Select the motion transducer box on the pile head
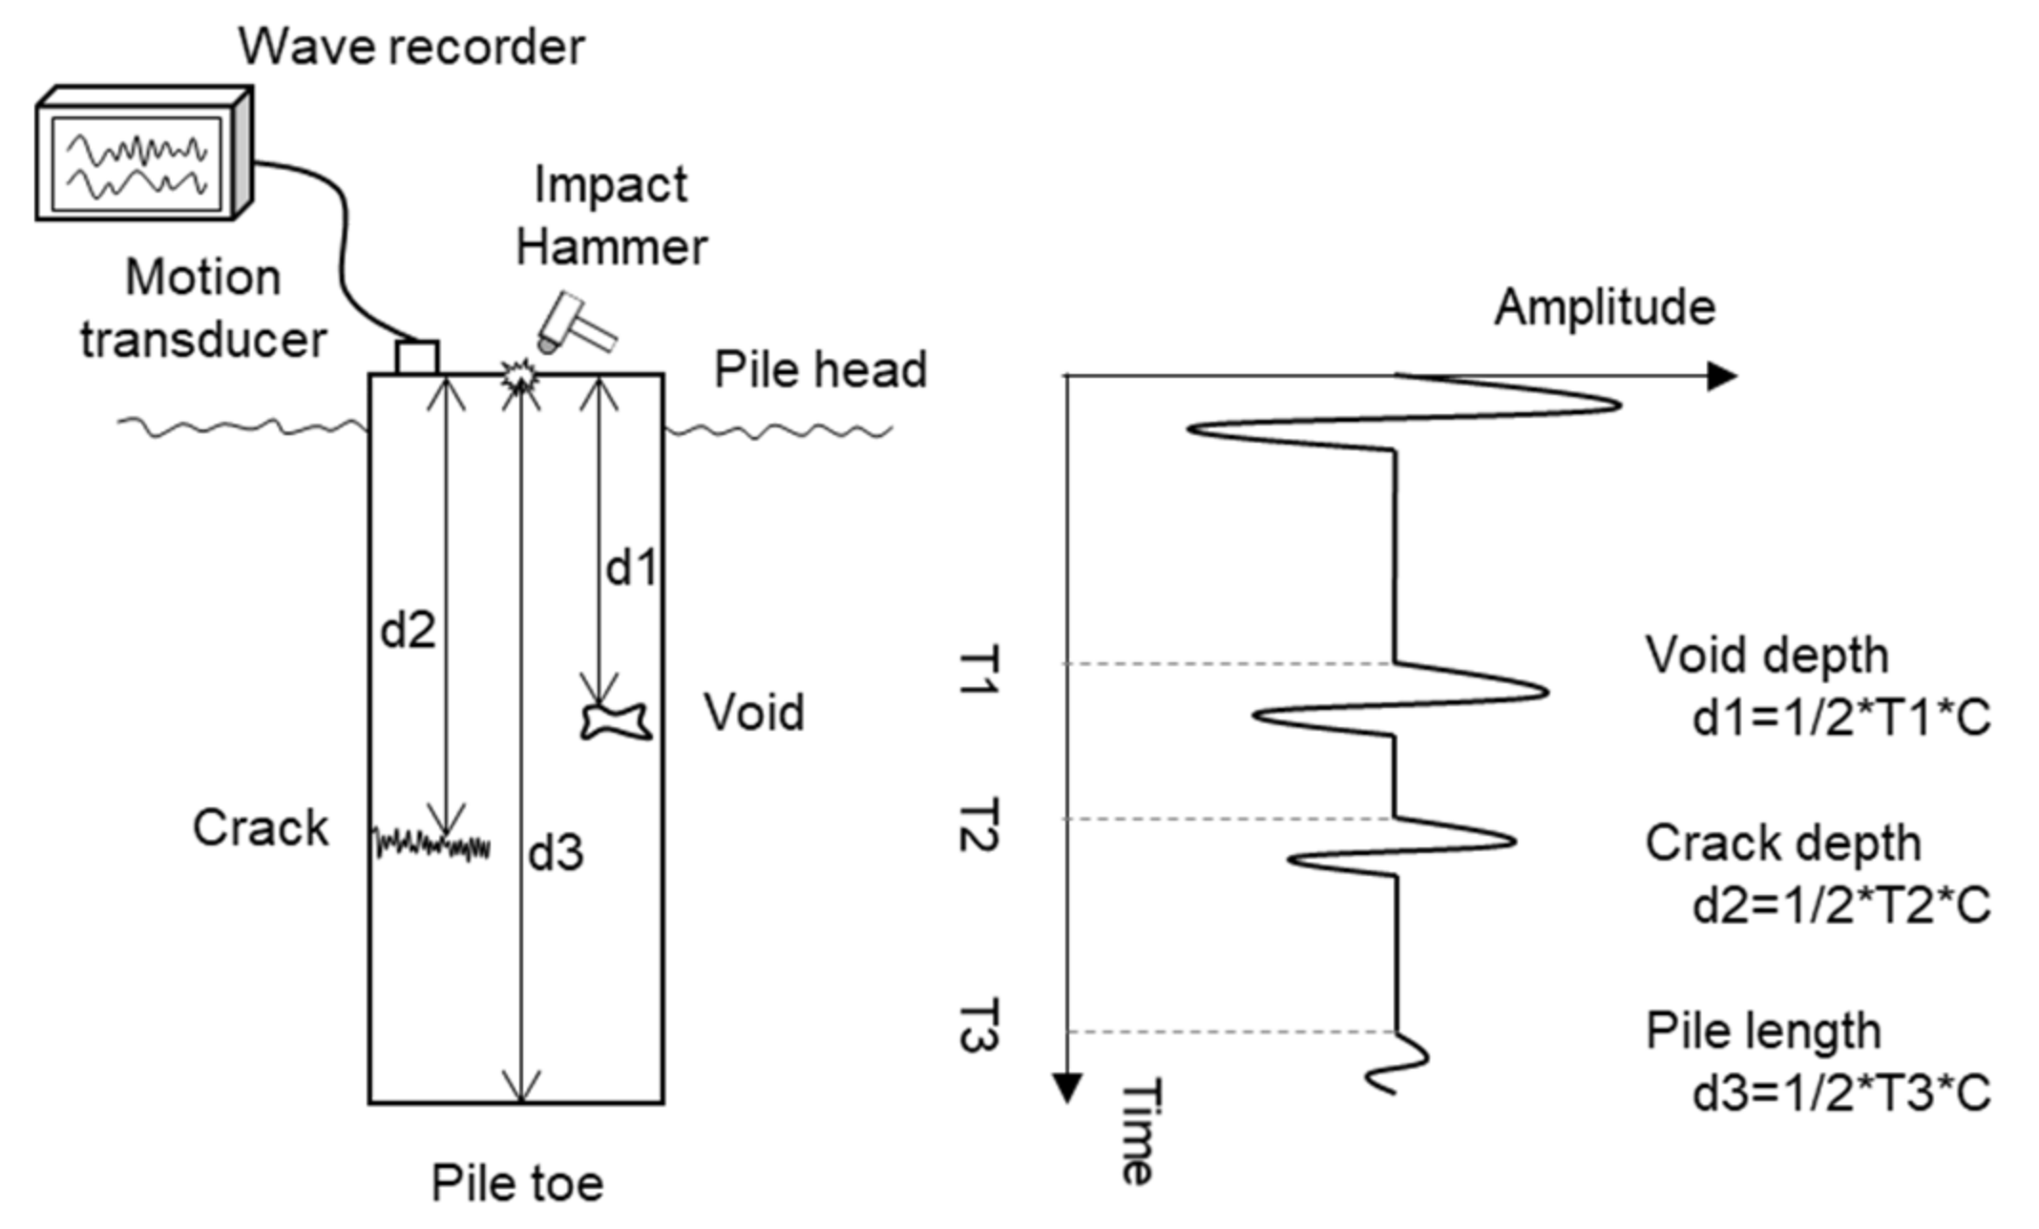pos(417,358)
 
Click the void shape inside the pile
pos(617,720)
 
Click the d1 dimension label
pos(632,569)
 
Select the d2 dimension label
pos(408,631)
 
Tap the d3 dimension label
pos(556,853)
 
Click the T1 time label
pos(978,671)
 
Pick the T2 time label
pos(978,825)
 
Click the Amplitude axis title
pos(1605,308)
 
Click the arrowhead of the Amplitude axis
pos(1721,377)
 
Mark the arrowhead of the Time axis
pos(1066,1088)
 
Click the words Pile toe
pos(517,1184)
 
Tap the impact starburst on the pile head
pos(519,379)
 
